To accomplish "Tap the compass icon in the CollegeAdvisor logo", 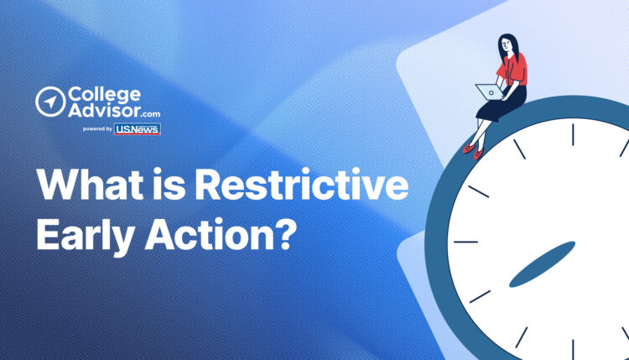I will pos(50,102).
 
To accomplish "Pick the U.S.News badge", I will pos(138,129).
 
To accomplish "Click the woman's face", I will pos(508,44).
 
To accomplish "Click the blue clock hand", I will pos(542,263).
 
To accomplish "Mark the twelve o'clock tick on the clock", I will pos(574,134).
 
